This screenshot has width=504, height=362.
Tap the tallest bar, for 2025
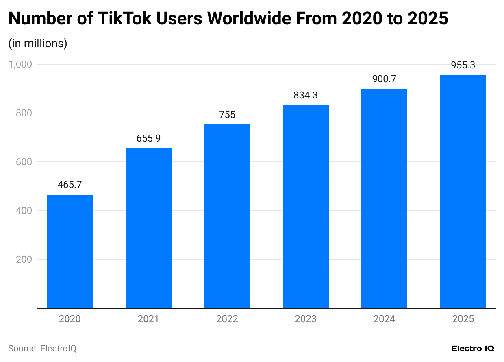tap(463, 192)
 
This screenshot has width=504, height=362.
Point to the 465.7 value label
tap(70, 185)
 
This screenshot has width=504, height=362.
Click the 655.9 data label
tap(148, 138)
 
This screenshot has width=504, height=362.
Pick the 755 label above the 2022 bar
tap(227, 115)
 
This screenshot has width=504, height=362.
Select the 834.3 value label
tap(306, 95)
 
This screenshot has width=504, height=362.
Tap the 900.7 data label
tap(384, 79)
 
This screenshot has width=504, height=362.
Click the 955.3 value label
tap(463, 65)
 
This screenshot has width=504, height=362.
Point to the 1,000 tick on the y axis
tap(20, 64)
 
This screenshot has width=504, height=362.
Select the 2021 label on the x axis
tap(148, 319)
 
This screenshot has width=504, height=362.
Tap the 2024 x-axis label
tap(384, 319)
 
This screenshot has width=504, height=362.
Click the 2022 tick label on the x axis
tap(227, 319)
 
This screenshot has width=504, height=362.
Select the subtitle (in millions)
tap(38, 43)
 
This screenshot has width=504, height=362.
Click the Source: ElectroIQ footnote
tap(42, 349)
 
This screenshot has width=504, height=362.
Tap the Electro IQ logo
tap(473, 349)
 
